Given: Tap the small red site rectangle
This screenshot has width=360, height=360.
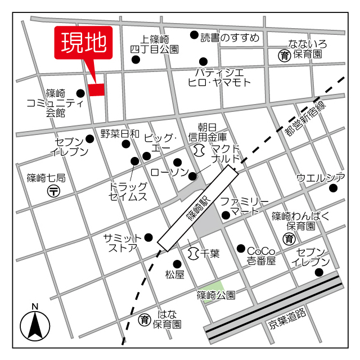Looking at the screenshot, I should point(96,90).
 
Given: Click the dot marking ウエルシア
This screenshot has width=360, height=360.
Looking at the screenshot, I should point(332,188).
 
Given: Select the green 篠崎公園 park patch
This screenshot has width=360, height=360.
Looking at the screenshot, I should point(214,291).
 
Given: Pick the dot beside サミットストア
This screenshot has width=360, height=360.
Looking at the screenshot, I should point(148,237).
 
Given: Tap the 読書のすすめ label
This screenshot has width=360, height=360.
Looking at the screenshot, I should point(230,38).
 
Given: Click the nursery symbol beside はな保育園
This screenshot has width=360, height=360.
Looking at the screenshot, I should point(144,319).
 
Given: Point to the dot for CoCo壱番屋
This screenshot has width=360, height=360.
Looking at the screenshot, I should point(241,249).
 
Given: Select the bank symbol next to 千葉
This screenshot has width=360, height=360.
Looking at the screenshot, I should point(193,254).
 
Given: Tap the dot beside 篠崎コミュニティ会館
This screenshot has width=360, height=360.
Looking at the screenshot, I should point(80,93).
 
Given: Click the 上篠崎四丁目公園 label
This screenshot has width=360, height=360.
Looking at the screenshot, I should point(154,44).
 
